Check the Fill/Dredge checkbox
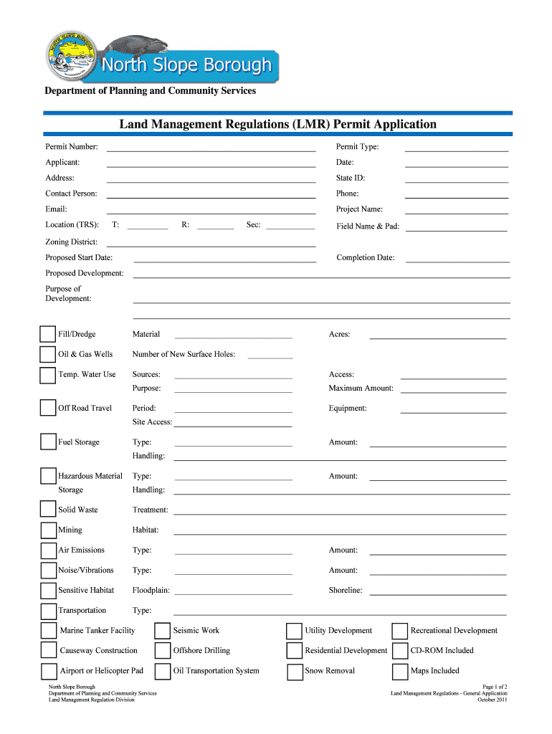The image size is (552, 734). click(x=48, y=334)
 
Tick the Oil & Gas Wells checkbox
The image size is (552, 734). click(x=48, y=354)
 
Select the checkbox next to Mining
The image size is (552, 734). click(x=48, y=530)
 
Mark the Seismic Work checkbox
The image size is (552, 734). click(x=163, y=631)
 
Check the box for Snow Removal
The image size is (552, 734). click(x=294, y=672)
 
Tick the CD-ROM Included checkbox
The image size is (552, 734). click(x=399, y=651)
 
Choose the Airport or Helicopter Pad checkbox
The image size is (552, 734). click(x=48, y=672)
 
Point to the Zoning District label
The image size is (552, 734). click(x=72, y=242)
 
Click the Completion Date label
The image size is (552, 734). click(x=366, y=258)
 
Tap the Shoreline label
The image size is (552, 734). click(x=346, y=591)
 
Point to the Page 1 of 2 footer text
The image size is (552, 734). click(x=495, y=687)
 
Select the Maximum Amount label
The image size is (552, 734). click(x=361, y=389)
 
